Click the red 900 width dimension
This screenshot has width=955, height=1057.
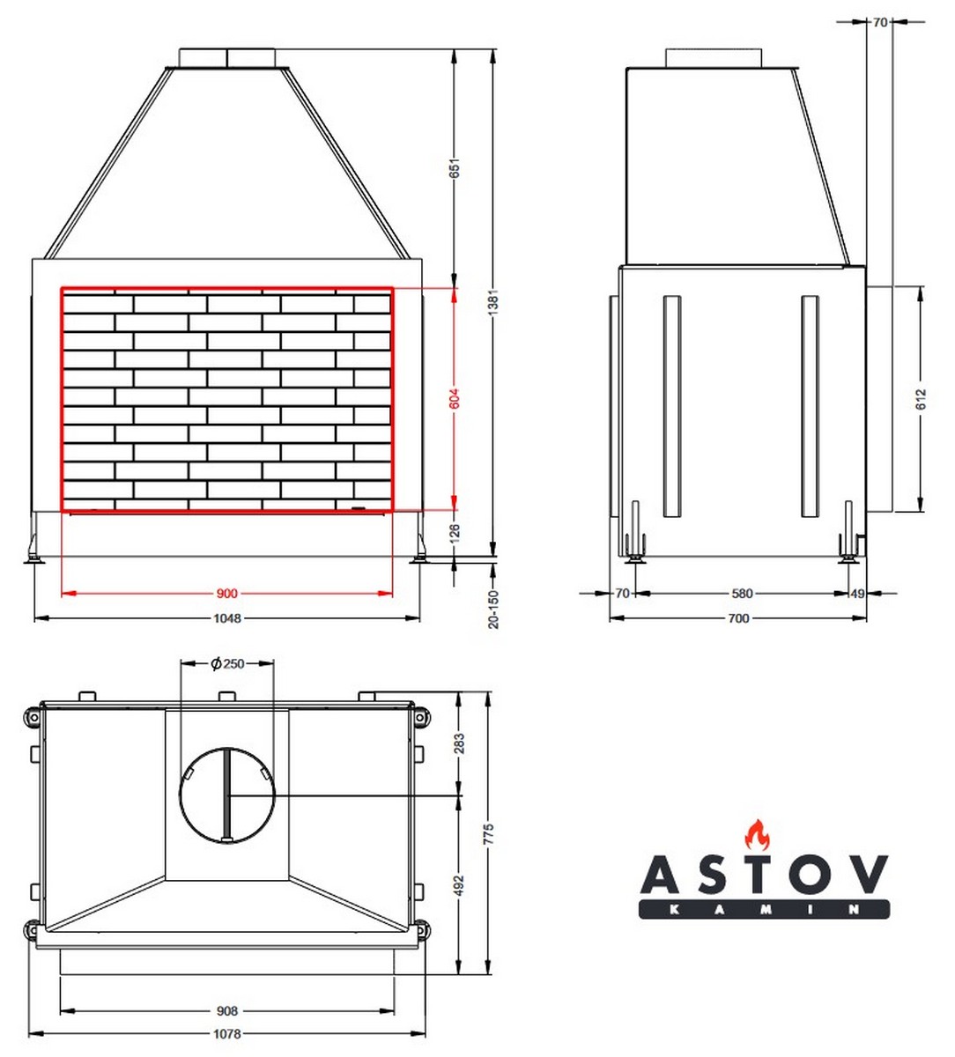(x=226, y=594)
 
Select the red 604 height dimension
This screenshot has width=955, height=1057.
(x=455, y=398)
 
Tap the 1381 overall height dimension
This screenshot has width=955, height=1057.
(x=492, y=303)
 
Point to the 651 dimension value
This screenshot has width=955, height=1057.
(x=455, y=167)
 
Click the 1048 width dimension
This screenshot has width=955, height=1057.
(x=227, y=618)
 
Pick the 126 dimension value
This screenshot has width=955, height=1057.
(x=455, y=532)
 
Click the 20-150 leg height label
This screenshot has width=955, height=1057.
(x=493, y=610)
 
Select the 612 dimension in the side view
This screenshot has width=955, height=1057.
(x=921, y=399)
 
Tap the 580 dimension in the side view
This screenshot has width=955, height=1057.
(x=742, y=594)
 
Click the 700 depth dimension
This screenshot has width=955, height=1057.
(x=738, y=618)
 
